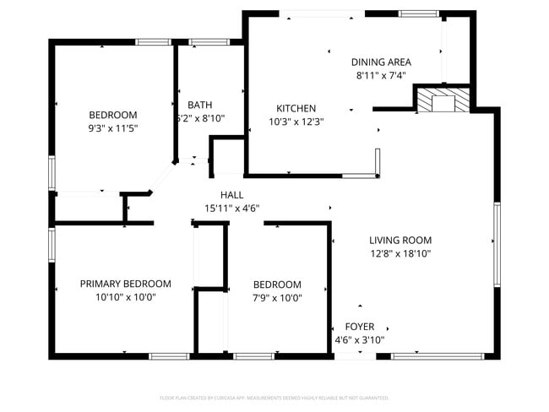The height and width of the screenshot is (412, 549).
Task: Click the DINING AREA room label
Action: [381, 62]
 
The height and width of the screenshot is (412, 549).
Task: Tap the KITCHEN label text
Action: [296, 108]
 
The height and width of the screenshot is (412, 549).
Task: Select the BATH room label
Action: [200, 105]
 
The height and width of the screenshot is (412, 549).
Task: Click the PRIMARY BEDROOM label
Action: [125, 284]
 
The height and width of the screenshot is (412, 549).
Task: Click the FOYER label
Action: [360, 327]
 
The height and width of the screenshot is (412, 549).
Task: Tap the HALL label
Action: [231, 195]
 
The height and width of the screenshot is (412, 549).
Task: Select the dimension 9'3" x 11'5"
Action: [113, 128]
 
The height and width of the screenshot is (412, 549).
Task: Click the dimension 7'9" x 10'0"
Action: [277, 297]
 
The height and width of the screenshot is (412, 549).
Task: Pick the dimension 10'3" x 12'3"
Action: [296, 122]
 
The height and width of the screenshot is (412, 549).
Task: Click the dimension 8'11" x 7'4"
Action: [381, 74]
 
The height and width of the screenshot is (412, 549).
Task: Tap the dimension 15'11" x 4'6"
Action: [231, 208]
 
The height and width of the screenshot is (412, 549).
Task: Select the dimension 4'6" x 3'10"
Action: [360, 339]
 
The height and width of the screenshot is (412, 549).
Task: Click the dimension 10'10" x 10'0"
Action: [125, 297]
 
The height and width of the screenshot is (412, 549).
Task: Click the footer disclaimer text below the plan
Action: [274, 397]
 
